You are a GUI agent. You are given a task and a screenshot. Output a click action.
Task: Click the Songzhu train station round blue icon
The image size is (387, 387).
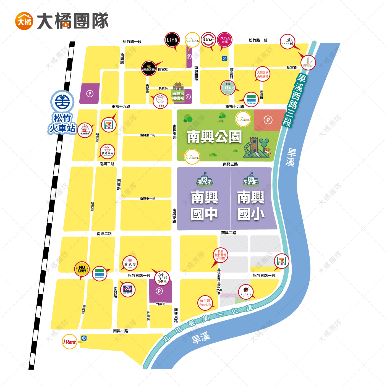[62, 101]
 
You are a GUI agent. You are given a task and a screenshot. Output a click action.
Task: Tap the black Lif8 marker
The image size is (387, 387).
[172, 40]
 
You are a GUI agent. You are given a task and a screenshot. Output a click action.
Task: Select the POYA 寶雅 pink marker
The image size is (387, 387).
[224, 40]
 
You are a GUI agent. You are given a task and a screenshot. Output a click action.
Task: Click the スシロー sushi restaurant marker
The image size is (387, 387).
[208, 40]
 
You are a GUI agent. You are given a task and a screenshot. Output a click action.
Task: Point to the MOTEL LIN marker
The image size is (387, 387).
[308, 62]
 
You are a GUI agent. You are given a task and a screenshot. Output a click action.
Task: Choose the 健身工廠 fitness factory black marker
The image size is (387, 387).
[149, 68]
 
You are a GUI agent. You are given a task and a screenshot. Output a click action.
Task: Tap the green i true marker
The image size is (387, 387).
[228, 88]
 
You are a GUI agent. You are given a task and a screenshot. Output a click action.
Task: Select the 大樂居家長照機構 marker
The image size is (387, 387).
[262, 74]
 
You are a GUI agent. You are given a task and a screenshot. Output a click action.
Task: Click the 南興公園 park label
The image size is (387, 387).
[215, 137]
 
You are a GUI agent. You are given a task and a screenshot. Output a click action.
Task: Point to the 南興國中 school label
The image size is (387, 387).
[204, 206]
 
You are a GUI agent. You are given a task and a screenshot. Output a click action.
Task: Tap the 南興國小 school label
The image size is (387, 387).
[251, 206]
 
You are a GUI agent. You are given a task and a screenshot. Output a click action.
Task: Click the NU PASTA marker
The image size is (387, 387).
[82, 269]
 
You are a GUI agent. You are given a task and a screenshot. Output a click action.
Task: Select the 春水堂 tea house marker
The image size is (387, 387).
[130, 263]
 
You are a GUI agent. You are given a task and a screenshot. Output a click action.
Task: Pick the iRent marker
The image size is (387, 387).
[69, 342]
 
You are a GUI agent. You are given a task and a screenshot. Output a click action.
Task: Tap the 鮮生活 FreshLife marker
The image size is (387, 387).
[205, 303]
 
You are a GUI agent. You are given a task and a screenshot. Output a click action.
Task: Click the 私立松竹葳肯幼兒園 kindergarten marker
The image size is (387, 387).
[221, 255]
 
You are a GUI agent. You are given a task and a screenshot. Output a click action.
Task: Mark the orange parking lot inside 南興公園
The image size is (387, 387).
[268, 120]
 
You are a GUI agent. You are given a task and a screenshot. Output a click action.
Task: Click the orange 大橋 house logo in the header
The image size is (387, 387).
[24, 21]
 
